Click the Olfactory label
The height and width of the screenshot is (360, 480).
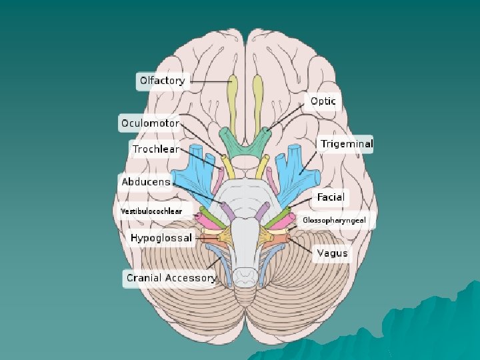(162, 81)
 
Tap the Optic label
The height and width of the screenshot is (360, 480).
(323, 102)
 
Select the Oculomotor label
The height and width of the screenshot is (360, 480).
(150, 123)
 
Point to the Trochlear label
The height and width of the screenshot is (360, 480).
(155, 149)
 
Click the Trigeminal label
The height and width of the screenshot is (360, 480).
(346, 144)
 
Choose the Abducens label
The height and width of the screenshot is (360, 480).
(145, 181)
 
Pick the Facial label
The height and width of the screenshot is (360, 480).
(330, 197)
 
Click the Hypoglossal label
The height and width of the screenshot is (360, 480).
(161, 237)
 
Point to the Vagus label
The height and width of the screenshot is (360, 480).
(331, 253)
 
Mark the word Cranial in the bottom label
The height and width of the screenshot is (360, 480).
(144, 278)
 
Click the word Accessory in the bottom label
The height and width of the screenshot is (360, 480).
(191, 278)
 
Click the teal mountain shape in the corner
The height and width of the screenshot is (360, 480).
(427, 327)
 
